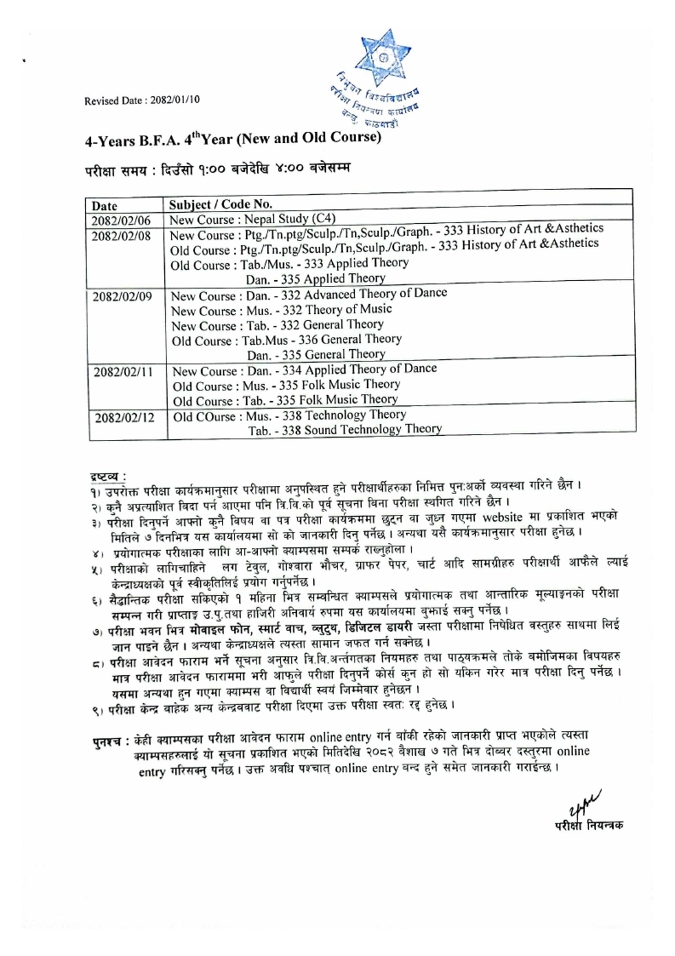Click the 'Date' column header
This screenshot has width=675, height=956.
point(105,205)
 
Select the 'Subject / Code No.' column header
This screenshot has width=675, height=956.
point(220,204)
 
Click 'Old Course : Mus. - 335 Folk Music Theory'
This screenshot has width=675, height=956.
point(285,384)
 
